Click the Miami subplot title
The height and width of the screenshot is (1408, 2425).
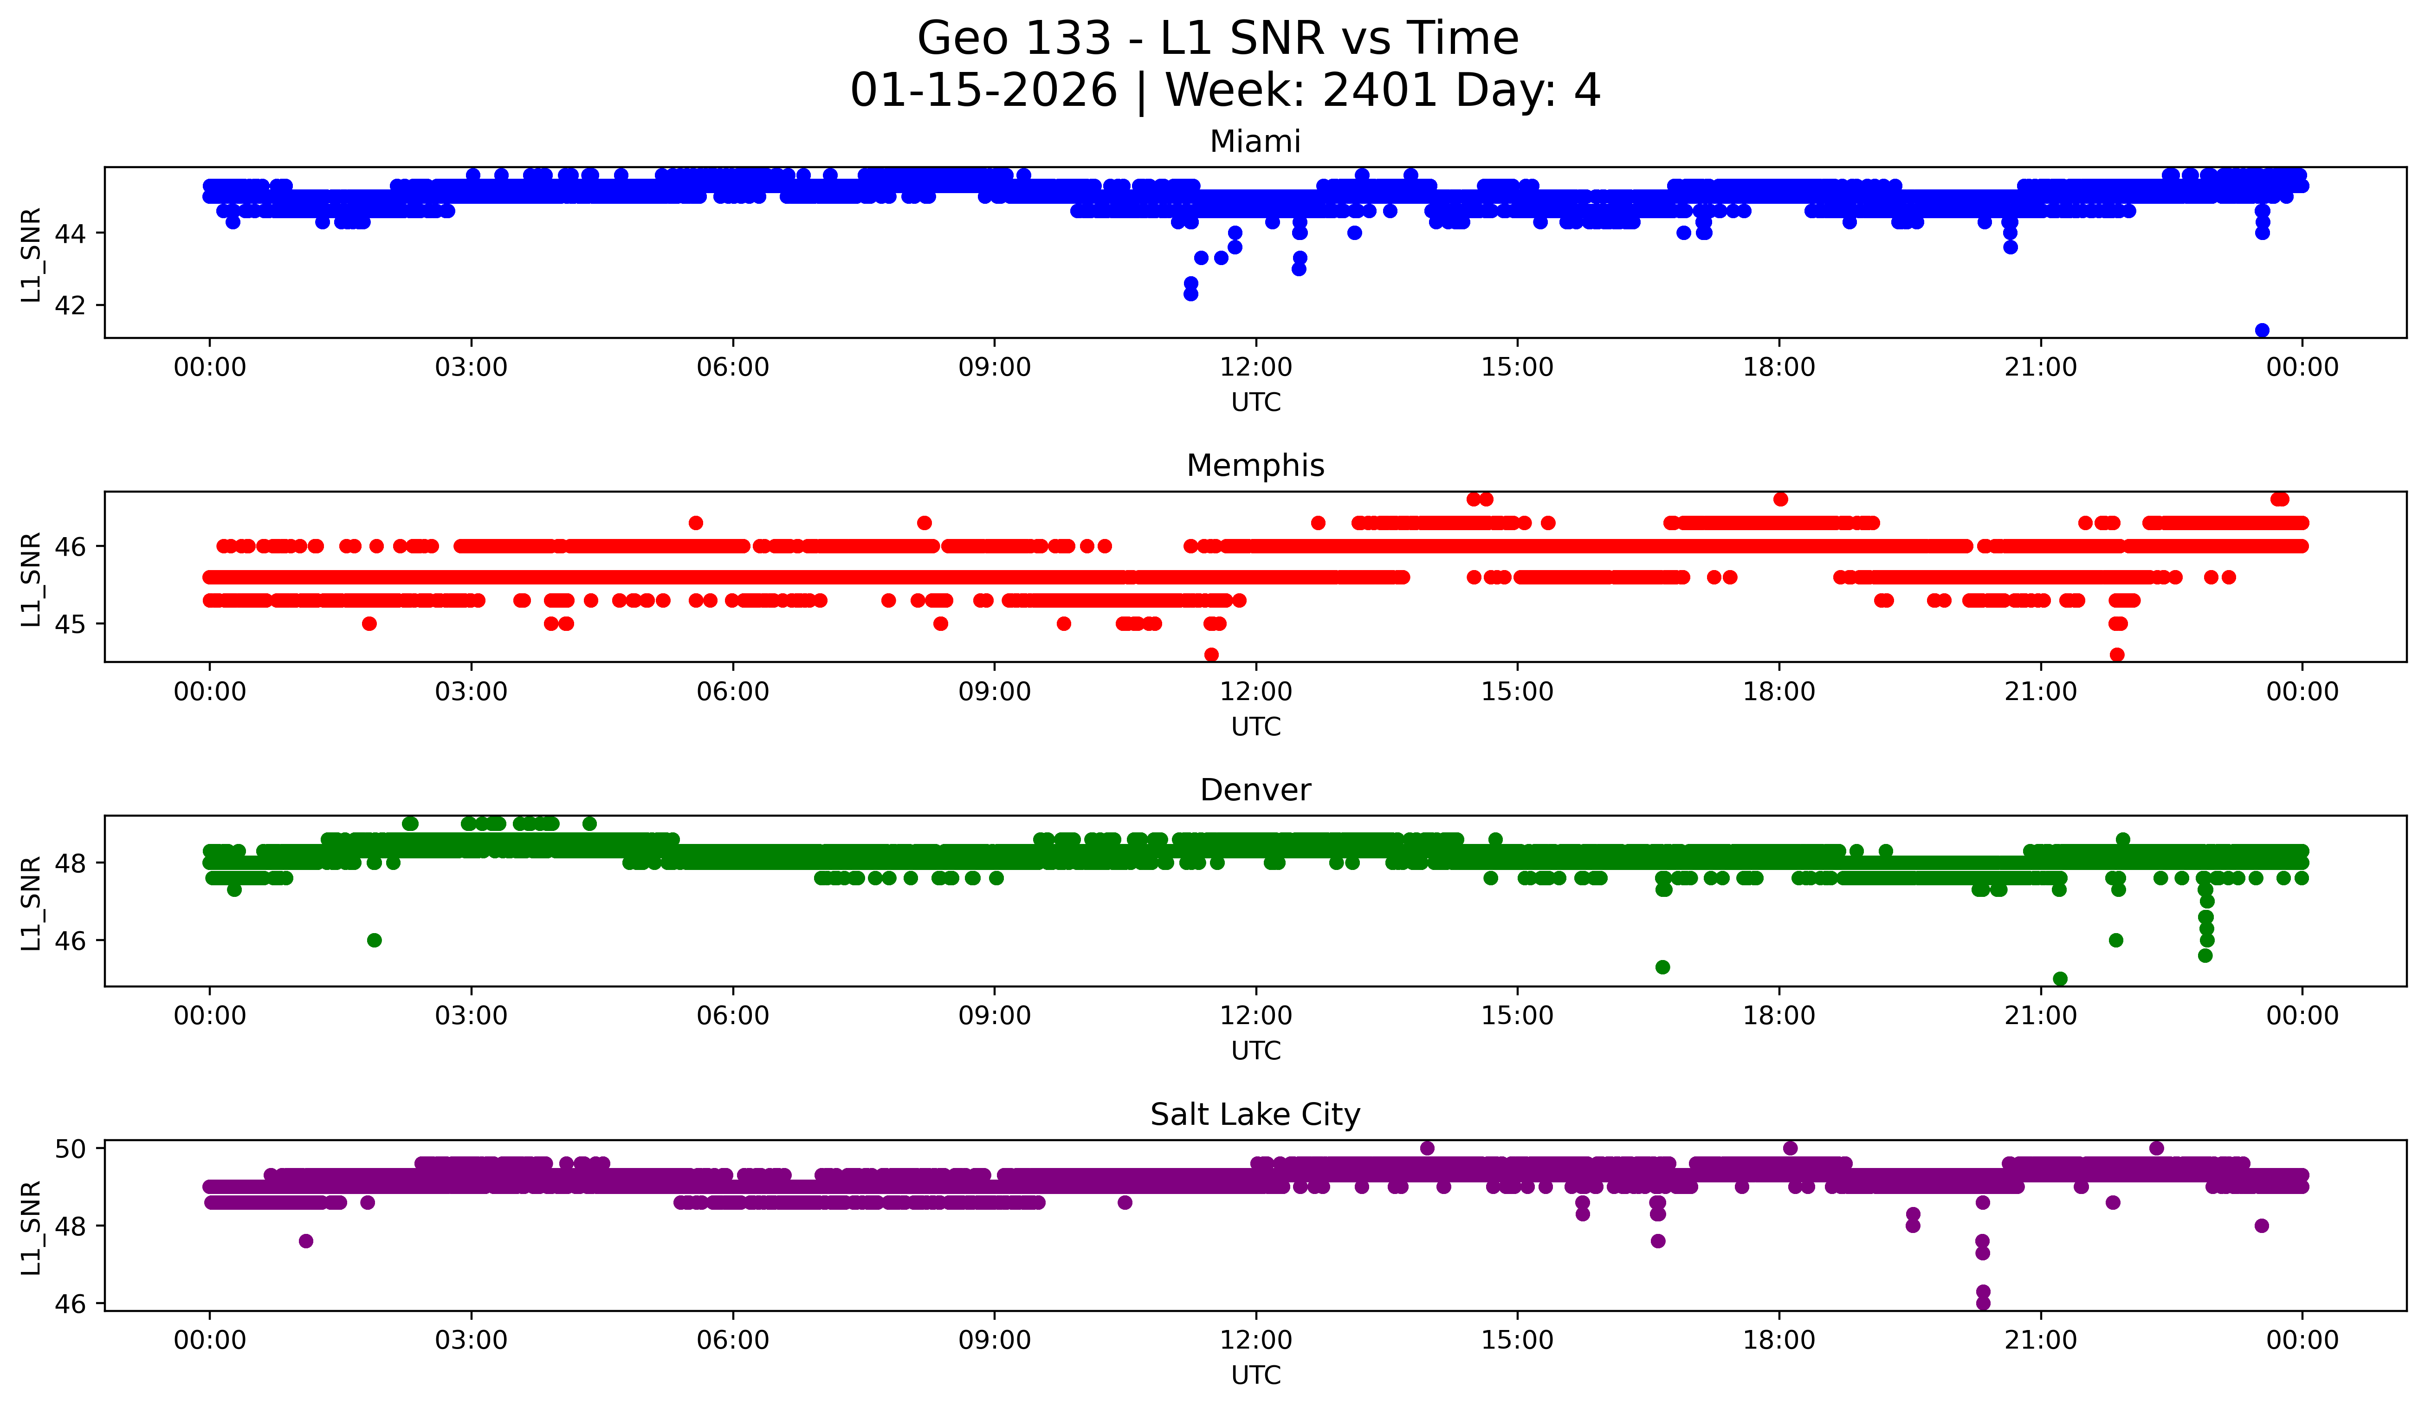[x=1255, y=142]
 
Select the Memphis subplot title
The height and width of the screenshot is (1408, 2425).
[x=1255, y=466]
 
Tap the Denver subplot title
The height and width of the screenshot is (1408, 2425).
[x=1255, y=790]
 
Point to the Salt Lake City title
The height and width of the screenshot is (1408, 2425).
[x=1255, y=1115]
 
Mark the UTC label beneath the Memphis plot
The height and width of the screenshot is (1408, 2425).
[x=1256, y=727]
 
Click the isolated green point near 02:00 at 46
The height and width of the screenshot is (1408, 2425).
[x=375, y=940]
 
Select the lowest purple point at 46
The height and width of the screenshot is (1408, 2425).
[x=1982, y=1303]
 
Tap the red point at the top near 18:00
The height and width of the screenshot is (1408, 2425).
[x=1780, y=499]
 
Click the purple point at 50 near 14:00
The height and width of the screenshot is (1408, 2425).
[x=1427, y=1148]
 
